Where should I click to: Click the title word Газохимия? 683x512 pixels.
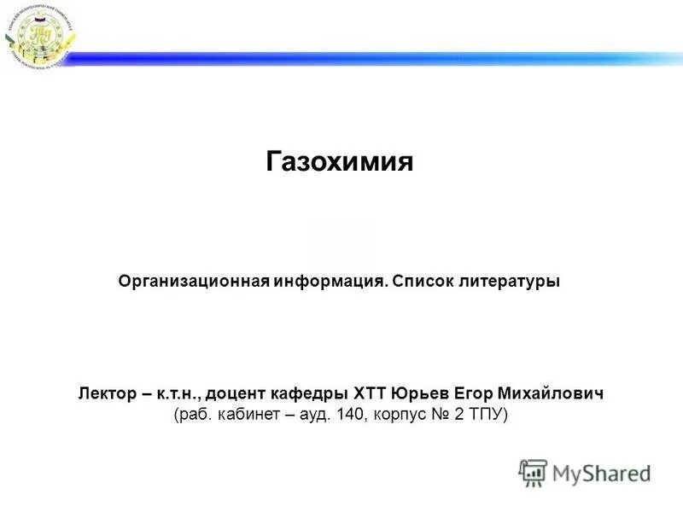pyautogui.click(x=340, y=162)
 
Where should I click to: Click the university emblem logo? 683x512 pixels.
pyautogui.click(x=38, y=35)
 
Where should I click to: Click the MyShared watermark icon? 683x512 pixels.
pyautogui.click(x=533, y=473)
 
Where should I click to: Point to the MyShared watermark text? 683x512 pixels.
pyautogui.click(x=602, y=473)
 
